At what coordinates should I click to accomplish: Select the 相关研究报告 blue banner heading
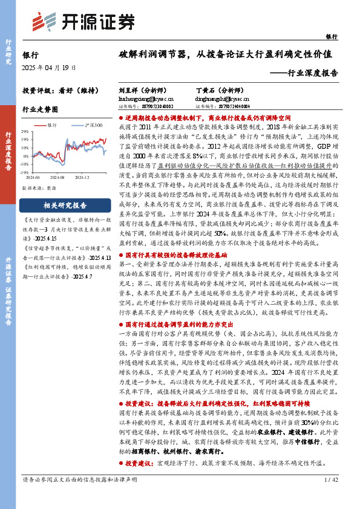pos(59,205)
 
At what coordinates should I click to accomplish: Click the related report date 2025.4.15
pos(36,239)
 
